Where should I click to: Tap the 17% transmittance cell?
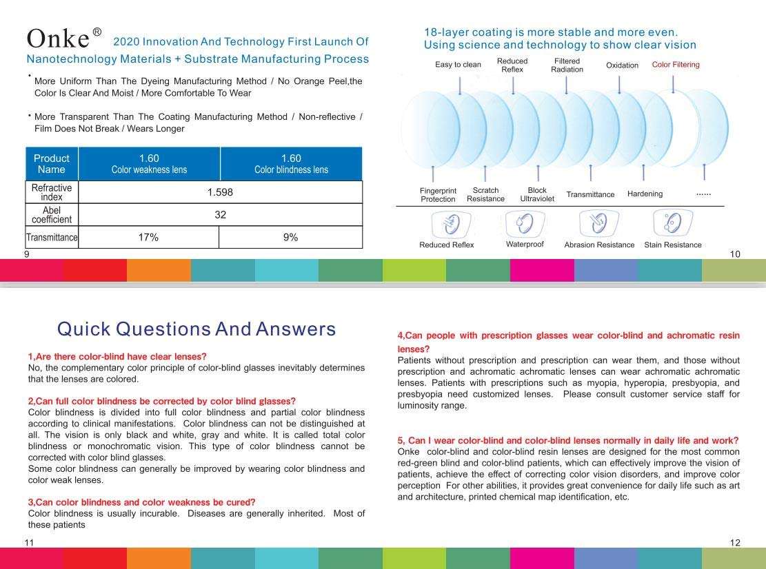pyautogui.click(x=148, y=238)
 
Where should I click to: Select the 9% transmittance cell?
pyautogui.click(x=290, y=238)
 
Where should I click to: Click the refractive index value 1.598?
pyautogui.click(x=220, y=192)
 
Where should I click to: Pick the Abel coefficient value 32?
pyautogui.click(x=220, y=215)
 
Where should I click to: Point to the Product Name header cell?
pyautogui.click(x=52, y=164)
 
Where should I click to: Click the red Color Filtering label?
pyautogui.click(x=676, y=65)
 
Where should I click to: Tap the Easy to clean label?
pyautogui.click(x=458, y=65)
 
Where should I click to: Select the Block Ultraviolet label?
pyautogui.click(x=537, y=195)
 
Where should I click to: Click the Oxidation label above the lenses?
pyautogui.click(x=622, y=65)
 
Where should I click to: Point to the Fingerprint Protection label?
pyautogui.click(x=438, y=195)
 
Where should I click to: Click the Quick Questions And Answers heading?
pyautogui.click(x=196, y=329)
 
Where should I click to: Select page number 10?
pyautogui.click(x=735, y=254)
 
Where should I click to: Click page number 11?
pyautogui.click(x=29, y=543)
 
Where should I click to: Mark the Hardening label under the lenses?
pyautogui.click(x=645, y=194)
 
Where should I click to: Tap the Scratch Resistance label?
pyautogui.click(x=485, y=195)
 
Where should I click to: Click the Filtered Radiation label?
pyautogui.click(x=567, y=65)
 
